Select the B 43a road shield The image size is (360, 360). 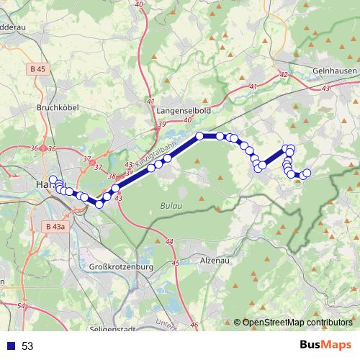point(54,228)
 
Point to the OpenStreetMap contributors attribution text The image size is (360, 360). point(297,323)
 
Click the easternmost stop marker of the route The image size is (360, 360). point(307,173)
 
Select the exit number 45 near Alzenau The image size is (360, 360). point(176,264)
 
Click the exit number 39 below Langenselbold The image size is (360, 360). point(161,125)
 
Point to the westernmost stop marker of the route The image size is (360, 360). point(53,179)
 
